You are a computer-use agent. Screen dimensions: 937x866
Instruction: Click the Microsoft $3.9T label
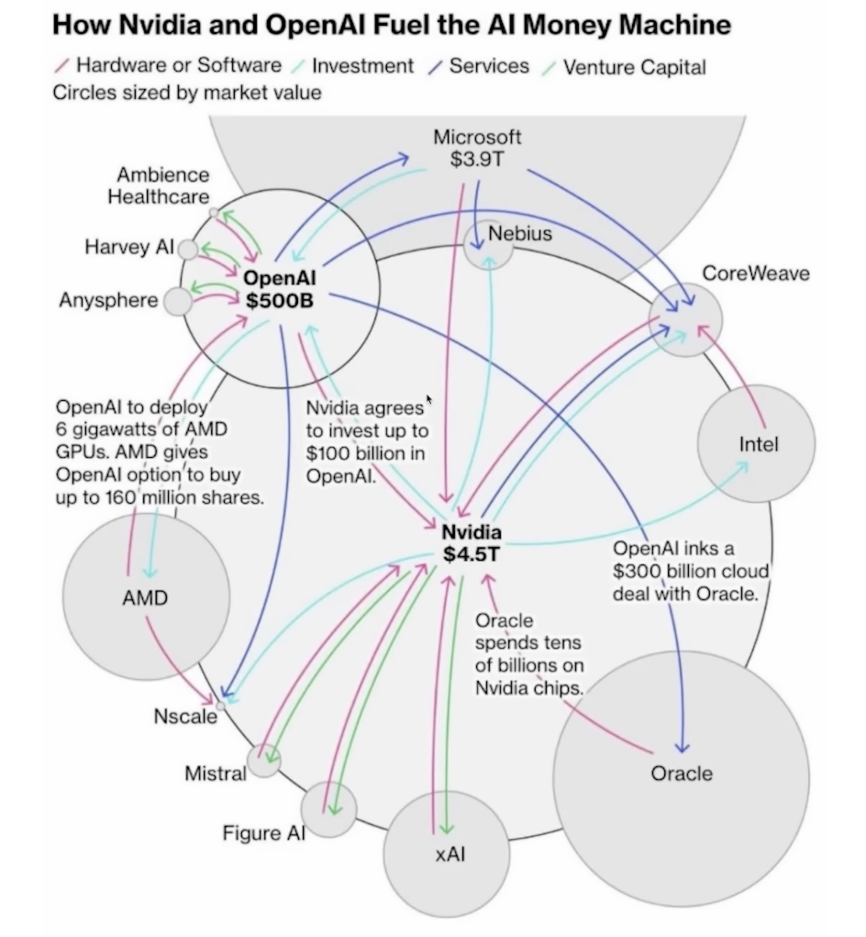(477, 148)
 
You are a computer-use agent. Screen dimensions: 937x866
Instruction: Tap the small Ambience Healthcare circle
(214, 213)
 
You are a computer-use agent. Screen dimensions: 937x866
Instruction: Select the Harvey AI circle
(189, 250)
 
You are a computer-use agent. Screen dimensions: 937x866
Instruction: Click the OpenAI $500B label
(280, 289)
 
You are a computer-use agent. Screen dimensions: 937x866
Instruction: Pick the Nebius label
(520, 234)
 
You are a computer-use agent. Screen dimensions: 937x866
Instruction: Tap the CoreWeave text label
(755, 274)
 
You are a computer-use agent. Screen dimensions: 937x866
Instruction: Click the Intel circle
(756, 443)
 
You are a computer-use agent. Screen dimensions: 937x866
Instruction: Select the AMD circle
(146, 597)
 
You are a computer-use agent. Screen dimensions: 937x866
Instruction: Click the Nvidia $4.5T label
(472, 543)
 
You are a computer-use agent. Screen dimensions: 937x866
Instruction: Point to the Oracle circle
(681, 778)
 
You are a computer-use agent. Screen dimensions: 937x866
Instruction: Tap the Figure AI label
(263, 833)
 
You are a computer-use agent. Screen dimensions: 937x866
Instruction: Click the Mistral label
(216, 773)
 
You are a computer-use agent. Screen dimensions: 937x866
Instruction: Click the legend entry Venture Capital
(634, 67)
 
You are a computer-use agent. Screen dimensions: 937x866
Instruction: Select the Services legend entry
(489, 66)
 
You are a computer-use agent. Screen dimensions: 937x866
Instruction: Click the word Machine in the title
(675, 25)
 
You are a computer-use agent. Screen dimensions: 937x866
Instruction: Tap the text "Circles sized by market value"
(187, 93)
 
